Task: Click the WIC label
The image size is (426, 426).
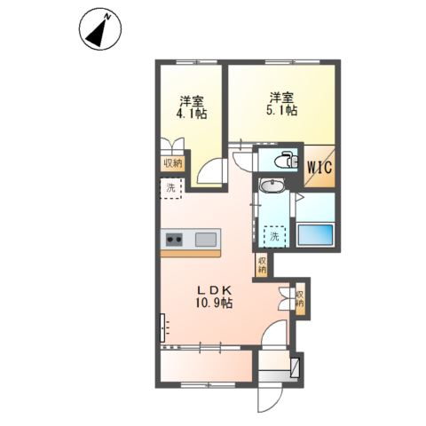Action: pos(320,165)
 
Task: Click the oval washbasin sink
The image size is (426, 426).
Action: pos(272,185)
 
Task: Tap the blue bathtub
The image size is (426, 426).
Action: pos(314,235)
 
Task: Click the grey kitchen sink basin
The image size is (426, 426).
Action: pos(206,238)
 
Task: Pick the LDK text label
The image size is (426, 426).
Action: pos(214,288)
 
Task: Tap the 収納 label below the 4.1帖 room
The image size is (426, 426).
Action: pos(171,163)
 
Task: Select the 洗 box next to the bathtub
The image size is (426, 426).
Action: pos(275,236)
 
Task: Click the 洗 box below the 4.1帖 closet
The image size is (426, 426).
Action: pos(171,187)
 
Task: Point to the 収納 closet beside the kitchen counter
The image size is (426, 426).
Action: pos(263,264)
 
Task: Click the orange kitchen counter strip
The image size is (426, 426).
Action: pos(191,253)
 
